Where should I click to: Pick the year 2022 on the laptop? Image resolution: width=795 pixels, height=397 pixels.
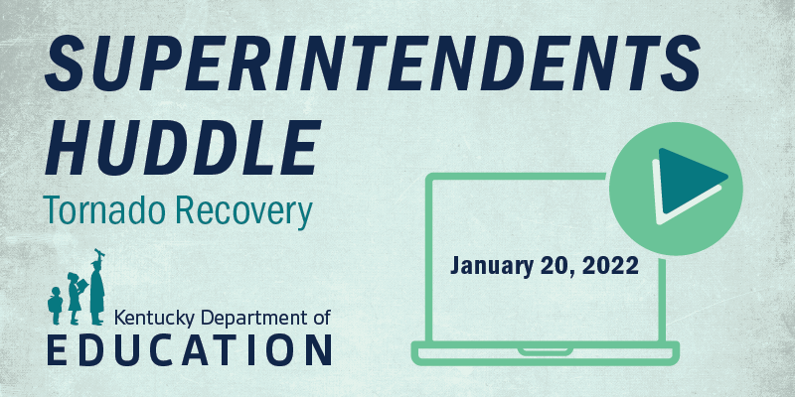pyautogui.click(x=608, y=266)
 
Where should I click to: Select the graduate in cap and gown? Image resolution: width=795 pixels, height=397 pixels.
pyautogui.click(x=98, y=289)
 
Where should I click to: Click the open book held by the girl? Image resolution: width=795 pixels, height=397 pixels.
pyautogui.click(x=82, y=288)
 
